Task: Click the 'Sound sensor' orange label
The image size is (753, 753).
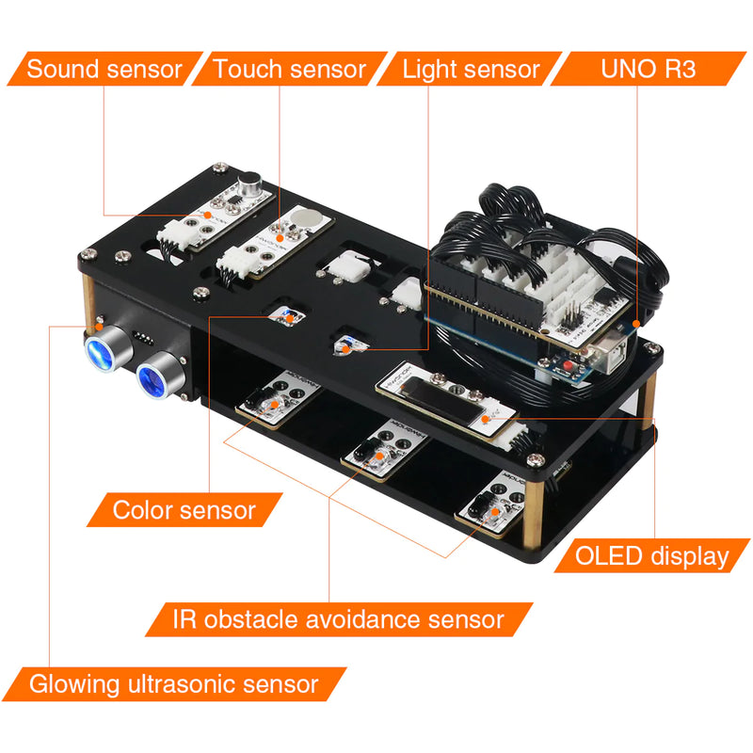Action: (104, 69)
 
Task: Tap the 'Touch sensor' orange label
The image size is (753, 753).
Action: (289, 69)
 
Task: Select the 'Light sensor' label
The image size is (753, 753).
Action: (471, 69)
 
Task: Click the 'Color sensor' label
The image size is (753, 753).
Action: (184, 510)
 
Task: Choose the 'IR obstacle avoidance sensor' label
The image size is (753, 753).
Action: (339, 619)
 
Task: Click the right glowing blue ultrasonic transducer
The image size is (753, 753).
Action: (151, 377)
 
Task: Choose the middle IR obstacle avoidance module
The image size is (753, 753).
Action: (387, 450)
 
